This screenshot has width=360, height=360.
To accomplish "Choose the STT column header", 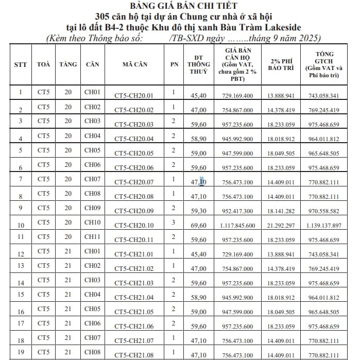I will click(x=21, y=64).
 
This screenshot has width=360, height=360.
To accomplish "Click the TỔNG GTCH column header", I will click(x=328, y=64).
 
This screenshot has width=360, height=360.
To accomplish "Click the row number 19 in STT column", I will click(x=21, y=352).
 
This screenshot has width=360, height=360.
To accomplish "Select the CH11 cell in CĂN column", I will click(x=92, y=236).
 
